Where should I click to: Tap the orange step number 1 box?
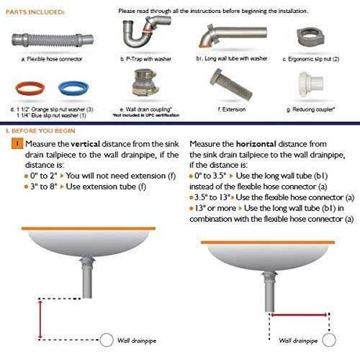pos(13,144)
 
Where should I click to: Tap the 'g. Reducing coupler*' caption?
pos(312,112)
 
